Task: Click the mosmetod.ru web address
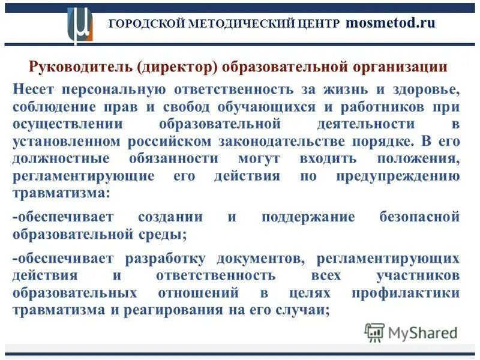point(389,23)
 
